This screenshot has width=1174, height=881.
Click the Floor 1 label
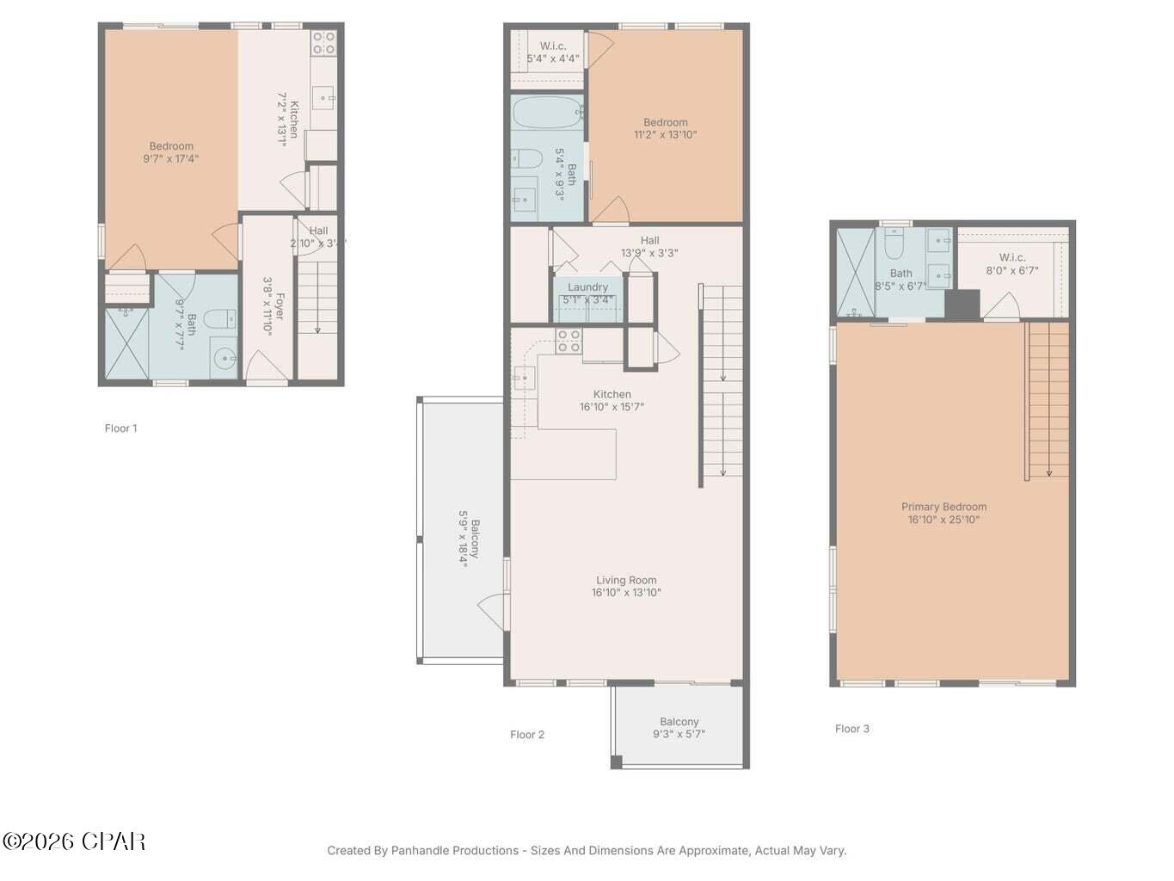pos(120,428)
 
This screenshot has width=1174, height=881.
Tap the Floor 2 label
pos(526,735)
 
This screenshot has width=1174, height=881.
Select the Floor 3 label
pos(851,729)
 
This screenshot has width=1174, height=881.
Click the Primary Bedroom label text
pos(944,507)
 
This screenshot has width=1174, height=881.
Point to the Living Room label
pos(626,580)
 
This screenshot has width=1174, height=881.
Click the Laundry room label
pos(587,287)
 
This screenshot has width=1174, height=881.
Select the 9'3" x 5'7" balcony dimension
pos(679,734)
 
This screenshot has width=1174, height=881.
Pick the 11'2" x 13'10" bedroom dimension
pos(665,134)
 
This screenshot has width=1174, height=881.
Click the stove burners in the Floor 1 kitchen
pos(323,43)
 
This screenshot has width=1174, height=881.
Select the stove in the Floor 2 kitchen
pos(569,342)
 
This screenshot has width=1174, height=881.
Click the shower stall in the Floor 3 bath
pos(855,273)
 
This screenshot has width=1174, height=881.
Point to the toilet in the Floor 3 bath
pos(894,248)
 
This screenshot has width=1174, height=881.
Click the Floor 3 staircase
pos(1048,400)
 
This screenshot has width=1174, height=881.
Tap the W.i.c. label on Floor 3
pos(1012,257)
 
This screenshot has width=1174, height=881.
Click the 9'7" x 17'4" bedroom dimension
pos(171,158)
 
